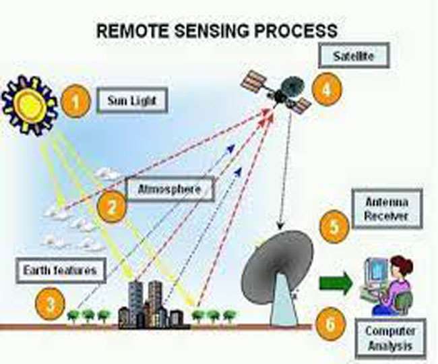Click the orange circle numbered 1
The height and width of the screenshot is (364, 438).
[x=75, y=102]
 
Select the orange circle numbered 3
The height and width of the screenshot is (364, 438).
[x=51, y=304]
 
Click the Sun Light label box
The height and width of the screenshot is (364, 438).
[x=131, y=102]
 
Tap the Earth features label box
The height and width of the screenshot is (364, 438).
[x=61, y=271]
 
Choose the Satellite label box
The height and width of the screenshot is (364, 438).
[x=361, y=56]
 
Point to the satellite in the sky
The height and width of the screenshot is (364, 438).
[x=277, y=91]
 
